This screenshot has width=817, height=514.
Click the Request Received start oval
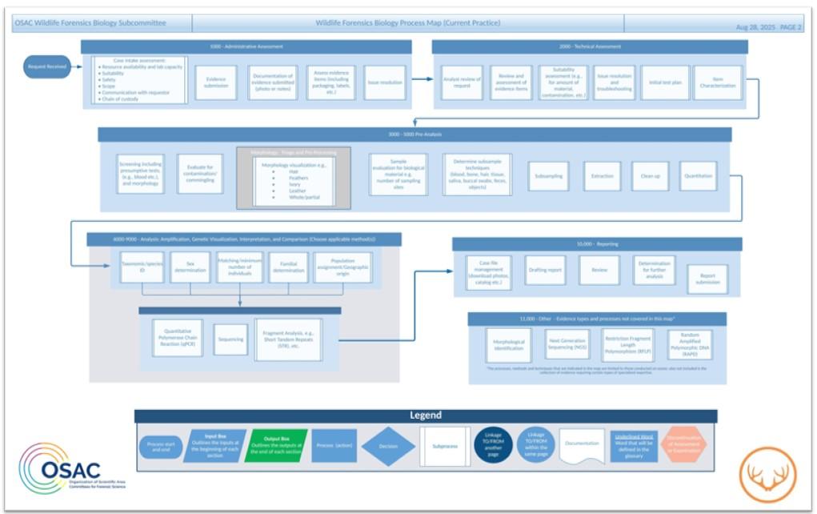point(47,66)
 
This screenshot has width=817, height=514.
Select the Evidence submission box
point(216,82)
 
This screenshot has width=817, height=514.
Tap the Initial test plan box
point(665,82)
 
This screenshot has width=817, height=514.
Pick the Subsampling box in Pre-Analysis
point(548,176)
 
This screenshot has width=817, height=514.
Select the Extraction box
point(602,176)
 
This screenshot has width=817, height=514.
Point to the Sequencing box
point(231,339)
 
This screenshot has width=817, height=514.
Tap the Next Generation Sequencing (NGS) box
point(567,344)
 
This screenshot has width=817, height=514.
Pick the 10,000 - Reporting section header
point(597,244)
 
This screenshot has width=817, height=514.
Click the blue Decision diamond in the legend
point(388,447)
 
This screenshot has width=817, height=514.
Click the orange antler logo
point(766,473)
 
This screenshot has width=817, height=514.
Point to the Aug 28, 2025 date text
point(755,27)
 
